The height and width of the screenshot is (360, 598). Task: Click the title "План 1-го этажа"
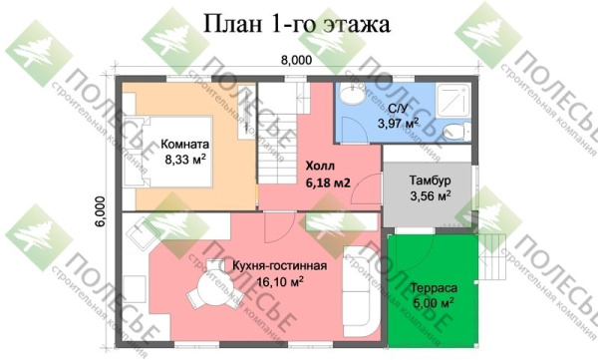tap(298, 23)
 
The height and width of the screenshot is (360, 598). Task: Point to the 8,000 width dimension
tap(297, 62)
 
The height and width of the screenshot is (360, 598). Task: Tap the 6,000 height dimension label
tap(100, 211)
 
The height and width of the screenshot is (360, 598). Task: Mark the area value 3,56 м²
tap(430, 196)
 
